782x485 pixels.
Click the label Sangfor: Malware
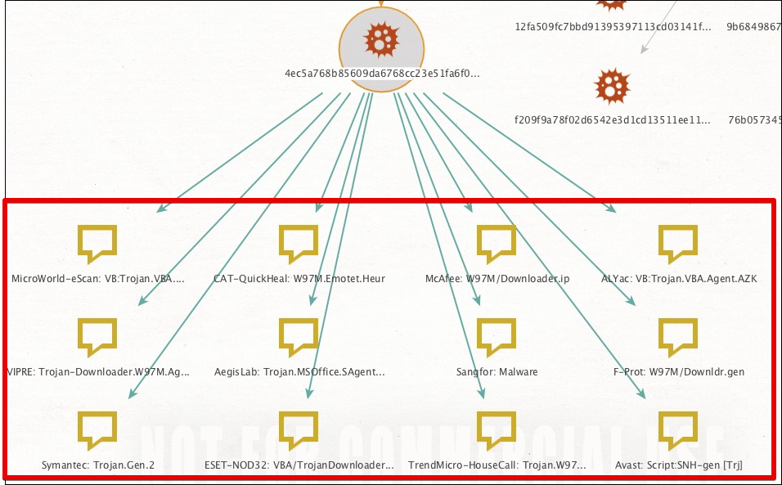(497, 372)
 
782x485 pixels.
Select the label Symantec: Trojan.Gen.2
(98, 465)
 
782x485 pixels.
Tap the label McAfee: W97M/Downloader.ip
(497, 279)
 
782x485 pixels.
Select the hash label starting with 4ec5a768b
(381, 74)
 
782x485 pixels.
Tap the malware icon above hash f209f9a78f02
(613, 84)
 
